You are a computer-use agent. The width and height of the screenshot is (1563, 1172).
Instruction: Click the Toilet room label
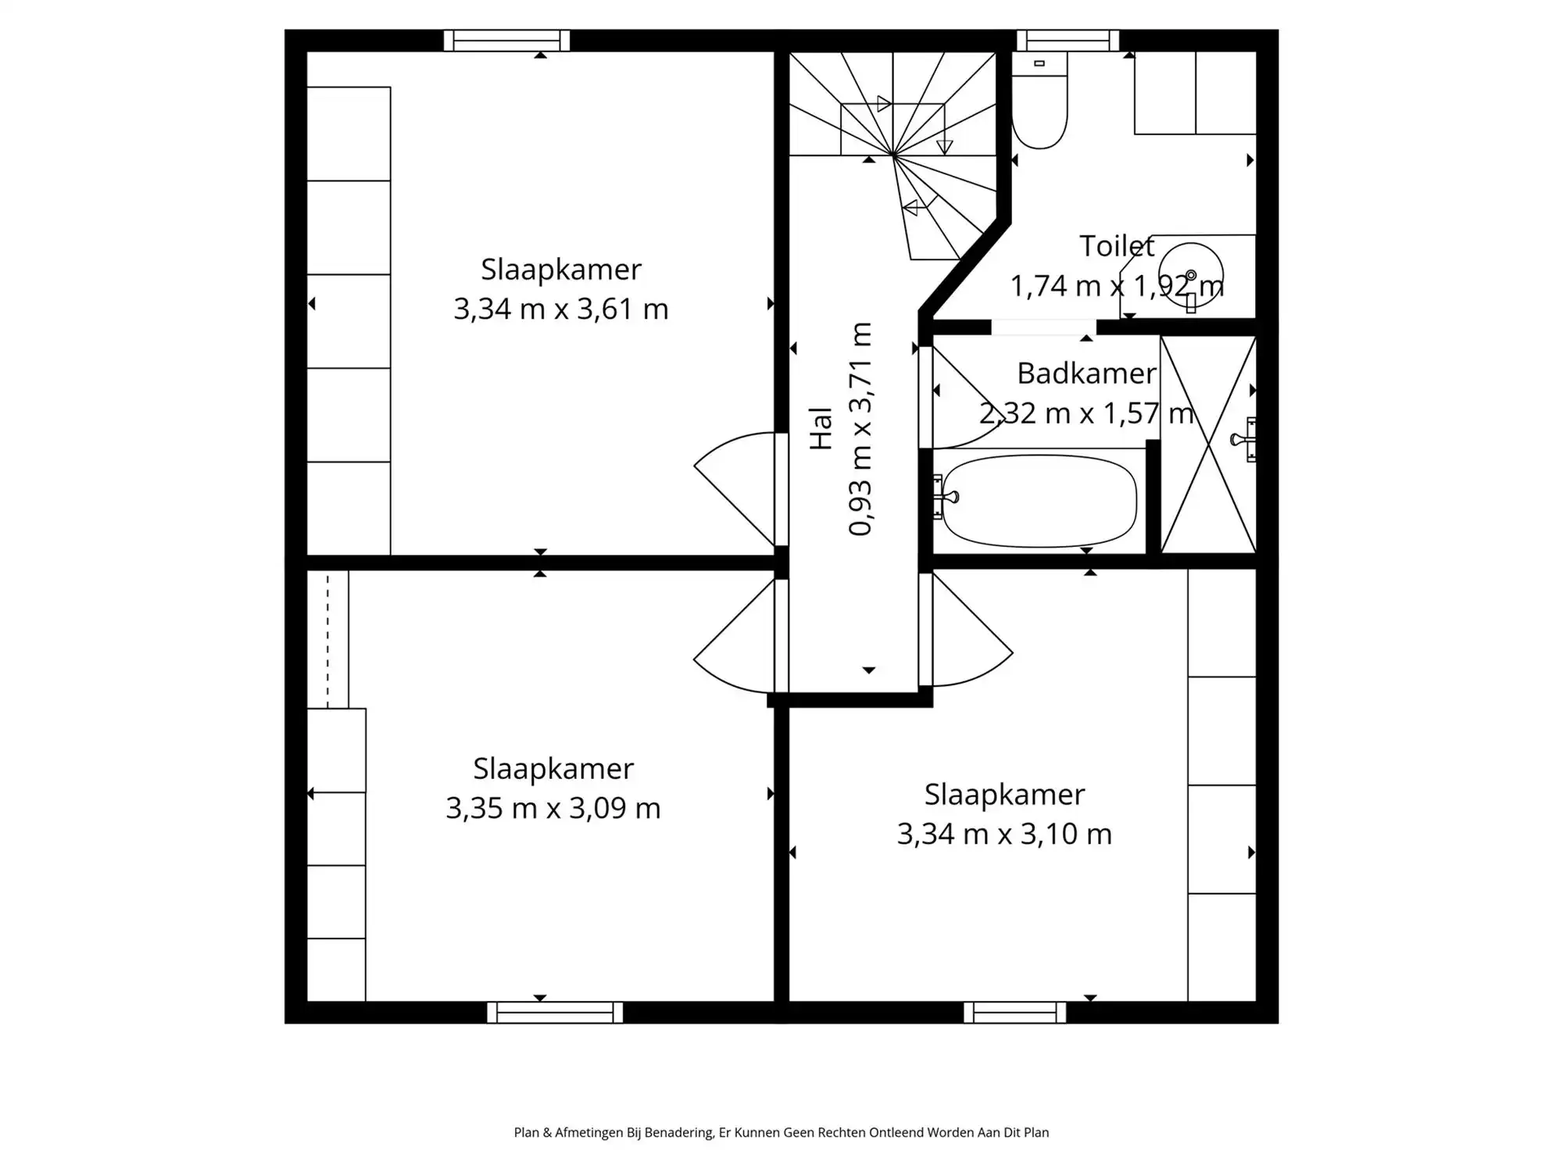(x=1117, y=246)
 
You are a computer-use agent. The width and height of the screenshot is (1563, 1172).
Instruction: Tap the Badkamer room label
(x=1086, y=373)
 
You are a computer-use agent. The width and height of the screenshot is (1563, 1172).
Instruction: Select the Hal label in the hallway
(x=821, y=428)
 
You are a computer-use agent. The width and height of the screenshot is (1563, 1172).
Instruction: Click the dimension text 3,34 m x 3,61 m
(x=561, y=309)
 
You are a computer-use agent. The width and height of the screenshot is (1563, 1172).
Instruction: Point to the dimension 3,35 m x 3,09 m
(x=553, y=808)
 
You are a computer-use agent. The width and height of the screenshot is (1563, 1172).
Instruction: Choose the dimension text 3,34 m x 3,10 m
(x=1004, y=834)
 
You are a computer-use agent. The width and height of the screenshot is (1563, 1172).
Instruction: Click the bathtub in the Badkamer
(x=1039, y=501)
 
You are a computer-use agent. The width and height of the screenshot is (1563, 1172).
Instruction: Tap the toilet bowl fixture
(x=1039, y=100)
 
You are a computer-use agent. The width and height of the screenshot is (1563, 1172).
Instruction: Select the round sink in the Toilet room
(x=1191, y=274)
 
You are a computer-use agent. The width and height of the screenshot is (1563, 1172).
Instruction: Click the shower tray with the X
(x=1208, y=445)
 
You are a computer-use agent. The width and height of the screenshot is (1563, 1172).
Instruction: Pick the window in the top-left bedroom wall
(x=506, y=41)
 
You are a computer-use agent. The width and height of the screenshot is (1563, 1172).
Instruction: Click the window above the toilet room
(x=1068, y=41)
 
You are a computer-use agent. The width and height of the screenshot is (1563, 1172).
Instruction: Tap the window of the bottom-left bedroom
(x=555, y=1013)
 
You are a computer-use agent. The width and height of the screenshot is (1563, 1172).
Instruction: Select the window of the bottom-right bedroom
(x=1014, y=1013)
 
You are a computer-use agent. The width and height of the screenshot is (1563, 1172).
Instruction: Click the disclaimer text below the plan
(x=781, y=1133)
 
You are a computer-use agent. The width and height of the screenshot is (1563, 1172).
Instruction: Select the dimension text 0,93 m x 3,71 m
(x=860, y=429)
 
